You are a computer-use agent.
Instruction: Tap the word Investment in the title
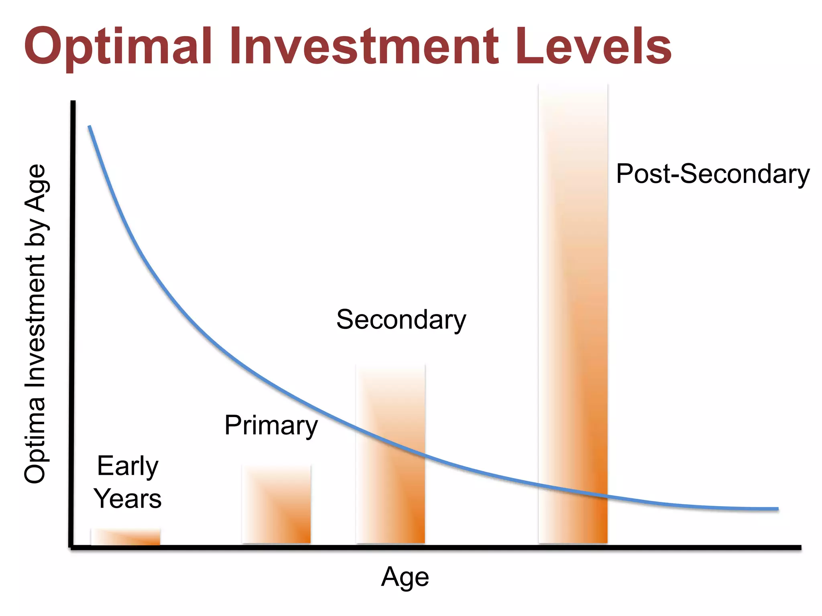(x=364, y=47)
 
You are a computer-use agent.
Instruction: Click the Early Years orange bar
(x=126, y=537)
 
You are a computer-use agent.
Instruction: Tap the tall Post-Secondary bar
(x=573, y=321)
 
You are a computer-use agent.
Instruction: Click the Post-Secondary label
(x=713, y=174)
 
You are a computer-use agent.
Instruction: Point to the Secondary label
(x=401, y=320)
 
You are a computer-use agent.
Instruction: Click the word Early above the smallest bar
(x=128, y=466)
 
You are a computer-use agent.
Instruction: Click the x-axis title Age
(x=405, y=577)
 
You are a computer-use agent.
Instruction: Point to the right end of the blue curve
(x=777, y=509)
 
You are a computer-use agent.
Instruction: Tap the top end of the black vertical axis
(x=73, y=103)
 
